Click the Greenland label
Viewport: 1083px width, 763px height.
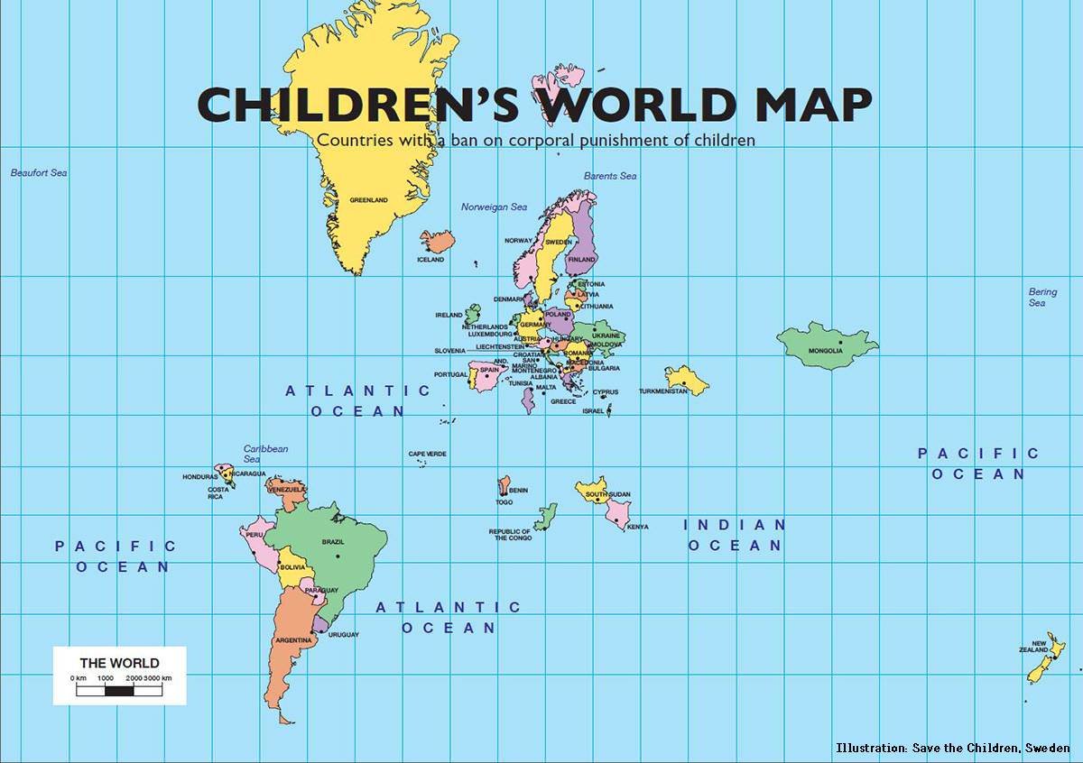(368, 199)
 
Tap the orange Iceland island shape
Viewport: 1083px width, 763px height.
(438, 241)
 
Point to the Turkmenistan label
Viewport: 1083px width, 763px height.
(663, 391)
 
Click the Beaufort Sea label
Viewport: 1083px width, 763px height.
(39, 172)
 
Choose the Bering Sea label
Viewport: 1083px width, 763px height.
(1042, 298)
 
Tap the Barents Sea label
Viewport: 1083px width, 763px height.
(610, 176)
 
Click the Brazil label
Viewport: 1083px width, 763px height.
(333, 542)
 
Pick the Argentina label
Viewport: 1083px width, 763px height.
(294, 640)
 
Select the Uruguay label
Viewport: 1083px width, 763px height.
(344, 635)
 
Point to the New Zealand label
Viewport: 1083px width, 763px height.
(1032, 647)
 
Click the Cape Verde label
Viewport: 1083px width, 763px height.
(427, 454)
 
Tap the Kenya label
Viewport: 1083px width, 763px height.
(637, 527)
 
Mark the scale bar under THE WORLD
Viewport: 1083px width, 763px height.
(119, 691)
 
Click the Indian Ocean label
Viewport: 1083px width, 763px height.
(735, 535)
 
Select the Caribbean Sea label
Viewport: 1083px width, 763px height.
(265, 454)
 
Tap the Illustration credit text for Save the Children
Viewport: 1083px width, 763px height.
(952, 748)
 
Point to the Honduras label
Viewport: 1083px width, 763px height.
(199, 476)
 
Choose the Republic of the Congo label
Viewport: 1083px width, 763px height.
(510, 535)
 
